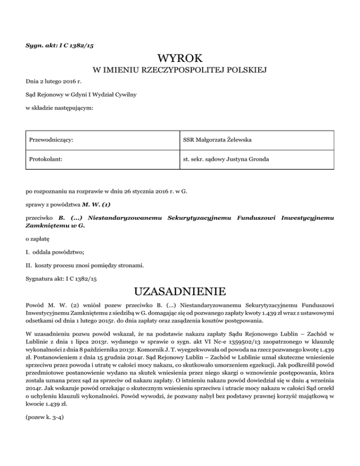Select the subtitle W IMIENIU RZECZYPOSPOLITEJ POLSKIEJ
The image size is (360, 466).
click(180, 71)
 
